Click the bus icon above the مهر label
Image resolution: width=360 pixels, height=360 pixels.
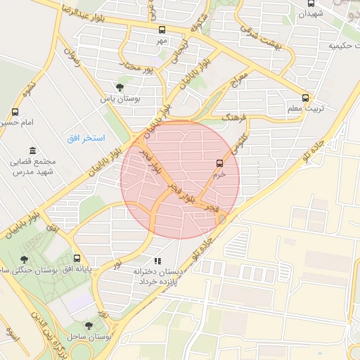tap(162, 30)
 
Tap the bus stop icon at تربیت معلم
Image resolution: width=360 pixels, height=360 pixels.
tap(305, 98)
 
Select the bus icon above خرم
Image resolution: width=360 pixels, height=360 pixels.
tap(219, 163)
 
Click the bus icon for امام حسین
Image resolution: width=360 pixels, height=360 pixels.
tap(15, 112)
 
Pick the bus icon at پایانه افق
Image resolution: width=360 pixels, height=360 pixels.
tap(77, 258)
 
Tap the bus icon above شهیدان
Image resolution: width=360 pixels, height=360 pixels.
tap(311, 3)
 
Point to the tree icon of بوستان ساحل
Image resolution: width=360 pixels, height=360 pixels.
tap(89, 326)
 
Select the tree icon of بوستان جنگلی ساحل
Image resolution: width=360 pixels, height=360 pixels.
tap(25, 259)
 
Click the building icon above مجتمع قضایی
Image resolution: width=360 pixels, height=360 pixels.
tap(32, 150)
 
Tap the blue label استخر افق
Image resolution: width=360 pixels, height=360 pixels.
tap(86, 138)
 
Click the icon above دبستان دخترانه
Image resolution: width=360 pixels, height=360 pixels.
tap(167, 261)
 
